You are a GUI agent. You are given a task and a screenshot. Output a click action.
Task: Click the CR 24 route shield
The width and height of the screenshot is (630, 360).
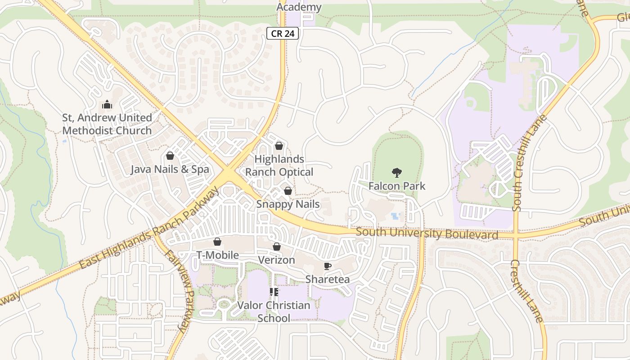click(x=282, y=33)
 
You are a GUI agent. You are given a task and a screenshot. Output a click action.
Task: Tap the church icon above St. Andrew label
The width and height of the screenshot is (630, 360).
click(x=107, y=105)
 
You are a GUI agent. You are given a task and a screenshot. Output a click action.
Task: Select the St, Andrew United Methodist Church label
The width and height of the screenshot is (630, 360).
click(x=107, y=124)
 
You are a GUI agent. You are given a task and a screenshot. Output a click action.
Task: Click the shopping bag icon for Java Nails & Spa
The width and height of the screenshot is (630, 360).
click(x=170, y=156)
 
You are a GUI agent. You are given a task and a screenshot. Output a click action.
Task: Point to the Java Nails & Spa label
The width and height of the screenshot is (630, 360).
click(x=170, y=170)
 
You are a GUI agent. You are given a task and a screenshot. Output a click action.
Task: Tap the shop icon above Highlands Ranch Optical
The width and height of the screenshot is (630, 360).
click(x=279, y=146)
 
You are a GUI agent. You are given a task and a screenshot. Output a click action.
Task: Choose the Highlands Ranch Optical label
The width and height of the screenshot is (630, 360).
click(x=279, y=166)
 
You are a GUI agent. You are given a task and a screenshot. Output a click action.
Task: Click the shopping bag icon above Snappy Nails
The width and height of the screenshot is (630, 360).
click(x=288, y=191)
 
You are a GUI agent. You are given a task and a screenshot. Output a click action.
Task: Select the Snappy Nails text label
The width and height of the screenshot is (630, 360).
click(x=288, y=204)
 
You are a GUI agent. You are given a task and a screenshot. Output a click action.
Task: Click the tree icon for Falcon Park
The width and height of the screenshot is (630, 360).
click(x=396, y=172)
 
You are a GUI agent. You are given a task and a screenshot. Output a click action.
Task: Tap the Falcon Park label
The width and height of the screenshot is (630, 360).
click(x=396, y=186)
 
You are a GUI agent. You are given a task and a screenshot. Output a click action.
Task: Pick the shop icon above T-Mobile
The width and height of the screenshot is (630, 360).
click(x=217, y=242)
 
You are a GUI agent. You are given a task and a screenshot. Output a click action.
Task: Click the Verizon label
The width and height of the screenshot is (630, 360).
click(x=276, y=260)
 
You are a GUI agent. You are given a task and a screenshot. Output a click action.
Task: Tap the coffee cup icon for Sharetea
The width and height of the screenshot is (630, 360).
click(x=328, y=266)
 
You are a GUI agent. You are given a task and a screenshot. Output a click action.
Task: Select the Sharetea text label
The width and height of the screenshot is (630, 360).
click(x=328, y=279)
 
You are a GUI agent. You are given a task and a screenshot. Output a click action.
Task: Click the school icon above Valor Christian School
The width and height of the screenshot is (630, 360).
click(x=274, y=292)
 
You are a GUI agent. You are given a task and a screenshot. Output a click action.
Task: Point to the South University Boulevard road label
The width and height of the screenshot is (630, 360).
click(x=427, y=234)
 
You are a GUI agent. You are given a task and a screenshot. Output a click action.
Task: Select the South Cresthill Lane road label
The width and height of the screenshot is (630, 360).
click(x=529, y=163)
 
